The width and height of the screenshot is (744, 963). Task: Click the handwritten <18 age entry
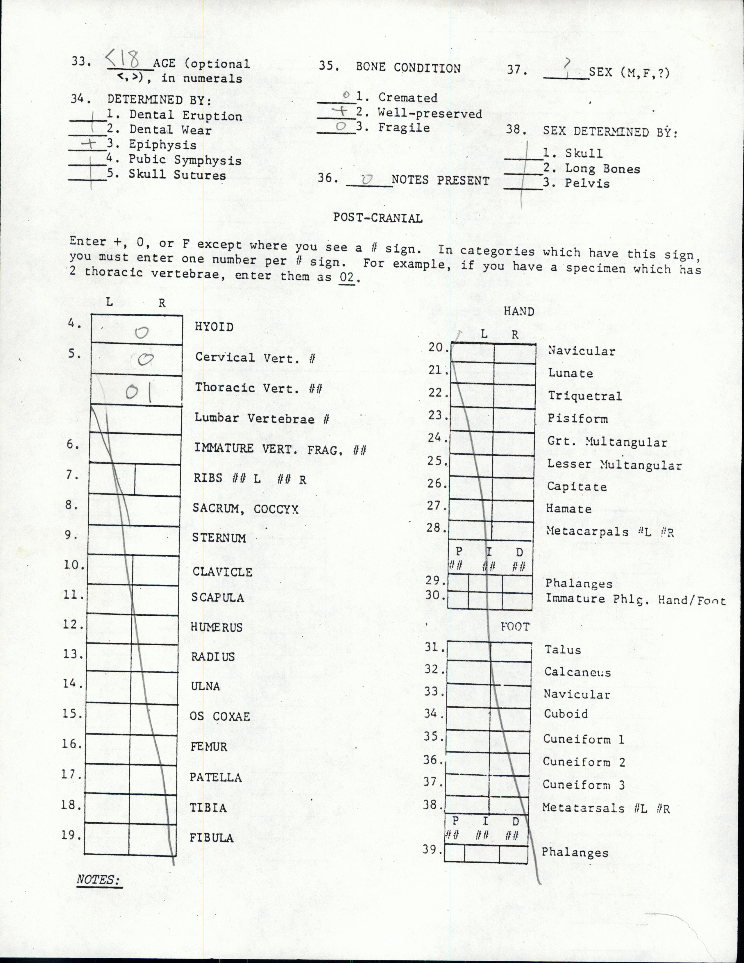[124, 59]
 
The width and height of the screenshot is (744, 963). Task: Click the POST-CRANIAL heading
[378, 218]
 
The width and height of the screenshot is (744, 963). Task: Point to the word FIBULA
[212, 838]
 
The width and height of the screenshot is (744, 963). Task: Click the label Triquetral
[584, 396]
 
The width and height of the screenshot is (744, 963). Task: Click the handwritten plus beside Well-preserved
[341, 112]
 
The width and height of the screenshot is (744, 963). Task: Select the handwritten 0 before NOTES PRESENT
[368, 179]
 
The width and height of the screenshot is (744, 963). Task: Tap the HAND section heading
[519, 311]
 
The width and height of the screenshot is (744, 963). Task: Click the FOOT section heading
[514, 627]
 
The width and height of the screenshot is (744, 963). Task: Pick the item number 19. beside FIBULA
[71, 835]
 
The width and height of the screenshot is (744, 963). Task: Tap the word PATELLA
[216, 777]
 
